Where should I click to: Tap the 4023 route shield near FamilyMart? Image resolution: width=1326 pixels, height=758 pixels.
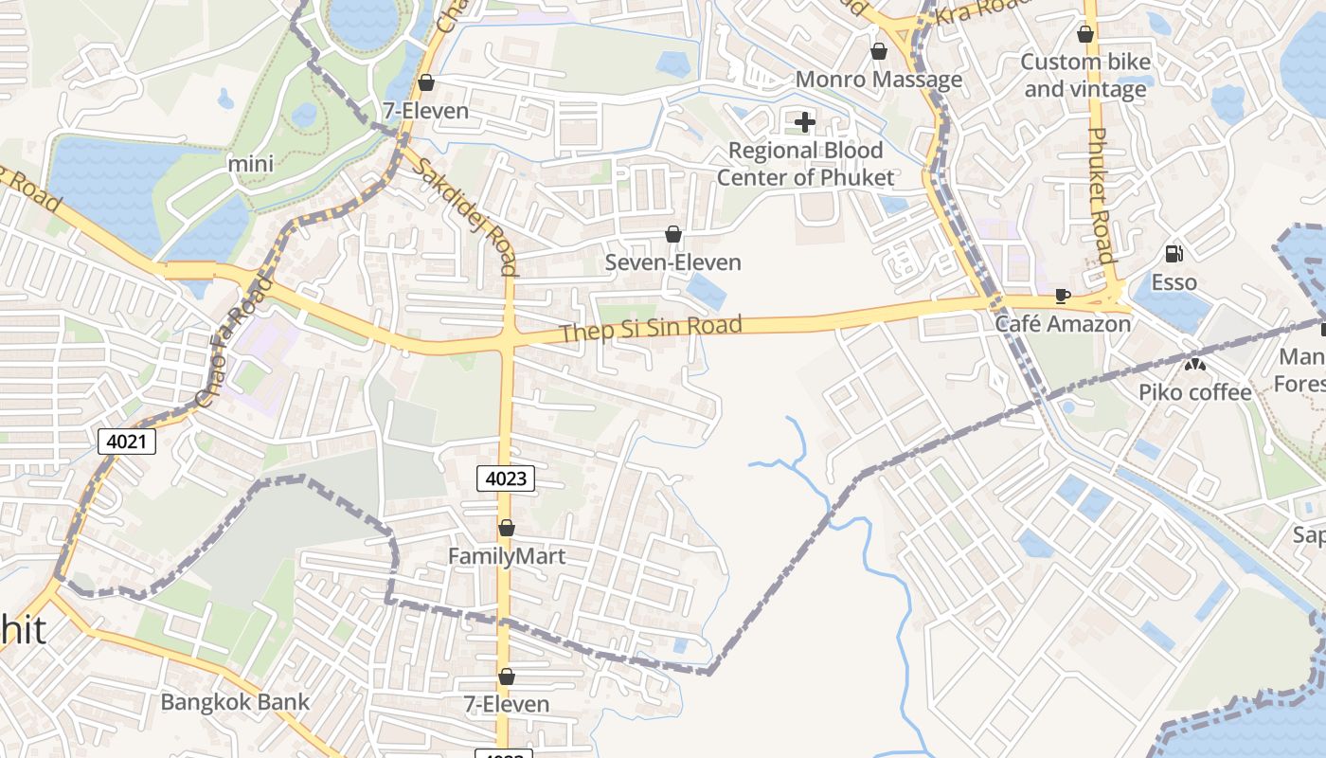coord(505,478)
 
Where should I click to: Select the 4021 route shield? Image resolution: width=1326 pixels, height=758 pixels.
coord(126,441)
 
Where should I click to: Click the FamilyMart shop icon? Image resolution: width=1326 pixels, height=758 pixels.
coord(507,528)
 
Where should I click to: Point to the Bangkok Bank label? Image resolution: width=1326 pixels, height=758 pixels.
coord(235,702)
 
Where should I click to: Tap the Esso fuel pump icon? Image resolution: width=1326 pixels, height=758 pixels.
coord(1174,253)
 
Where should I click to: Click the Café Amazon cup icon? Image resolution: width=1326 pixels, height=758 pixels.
coord(1063,297)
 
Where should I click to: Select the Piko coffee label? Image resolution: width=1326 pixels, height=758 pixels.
coord(1194,392)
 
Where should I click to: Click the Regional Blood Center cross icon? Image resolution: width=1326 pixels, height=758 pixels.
coord(805,121)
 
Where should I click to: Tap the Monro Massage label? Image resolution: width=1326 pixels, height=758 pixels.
coord(878,80)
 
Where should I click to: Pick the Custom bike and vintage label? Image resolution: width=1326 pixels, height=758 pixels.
coord(1085,76)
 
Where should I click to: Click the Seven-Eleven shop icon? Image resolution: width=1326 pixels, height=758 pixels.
coord(673,233)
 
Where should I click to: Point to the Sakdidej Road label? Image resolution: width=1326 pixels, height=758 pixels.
coord(465,214)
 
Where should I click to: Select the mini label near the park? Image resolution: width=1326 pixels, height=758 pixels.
coord(251,164)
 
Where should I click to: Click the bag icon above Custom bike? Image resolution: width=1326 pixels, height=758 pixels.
coord(1085,34)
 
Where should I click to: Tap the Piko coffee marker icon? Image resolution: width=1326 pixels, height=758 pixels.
coord(1194,364)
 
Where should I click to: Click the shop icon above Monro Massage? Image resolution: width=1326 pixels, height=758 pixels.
coord(878,51)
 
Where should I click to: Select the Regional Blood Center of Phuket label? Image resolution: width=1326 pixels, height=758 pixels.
coord(805,164)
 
